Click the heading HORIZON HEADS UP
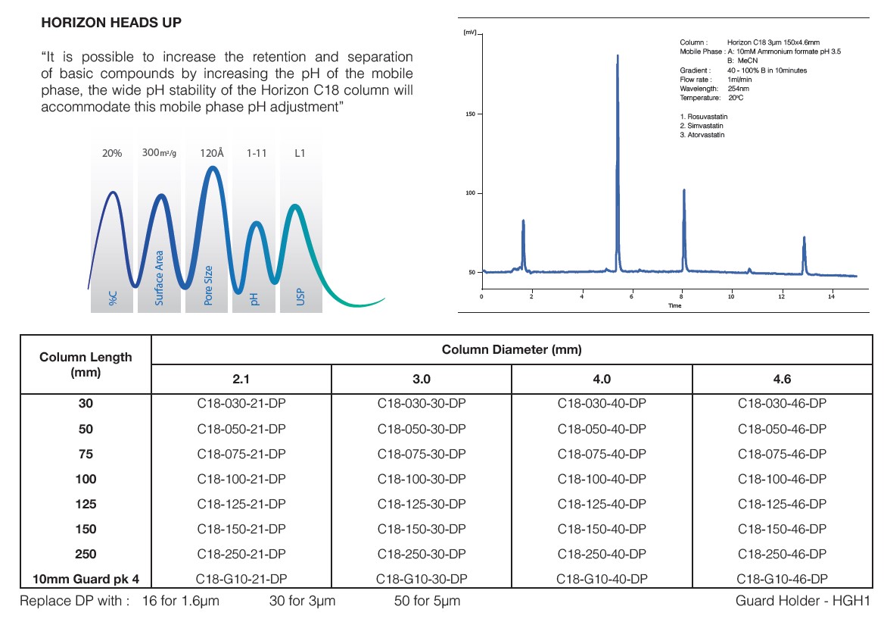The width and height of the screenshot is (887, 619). pyautogui.click(x=110, y=23)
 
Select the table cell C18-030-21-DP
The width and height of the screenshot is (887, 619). pyautogui.click(x=241, y=404)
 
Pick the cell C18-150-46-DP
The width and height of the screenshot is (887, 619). pyautogui.click(x=782, y=529)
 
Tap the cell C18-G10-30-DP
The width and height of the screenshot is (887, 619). pyautogui.click(x=422, y=580)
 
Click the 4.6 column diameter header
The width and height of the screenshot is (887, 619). pyautogui.click(x=782, y=379)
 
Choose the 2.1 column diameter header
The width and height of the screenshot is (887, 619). pyautogui.click(x=241, y=379)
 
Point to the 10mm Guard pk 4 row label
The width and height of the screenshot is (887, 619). pyautogui.click(x=86, y=580)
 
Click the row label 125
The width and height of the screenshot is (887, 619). pyautogui.click(x=86, y=504)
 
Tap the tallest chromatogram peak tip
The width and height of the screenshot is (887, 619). pyautogui.click(x=618, y=56)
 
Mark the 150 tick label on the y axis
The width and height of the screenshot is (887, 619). pyautogui.click(x=469, y=114)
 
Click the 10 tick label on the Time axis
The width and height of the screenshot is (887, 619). pyautogui.click(x=731, y=295)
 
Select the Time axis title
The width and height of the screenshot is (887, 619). pyautogui.click(x=674, y=305)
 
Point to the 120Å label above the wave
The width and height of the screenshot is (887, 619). pyautogui.click(x=211, y=153)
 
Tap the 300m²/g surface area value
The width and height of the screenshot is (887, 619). pyautogui.click(x=159, y=153)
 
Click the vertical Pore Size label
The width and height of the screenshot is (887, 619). pyautogui.click(x=209, y=285)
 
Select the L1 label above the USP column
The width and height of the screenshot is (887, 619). pyautogui.click(x=300, y=153)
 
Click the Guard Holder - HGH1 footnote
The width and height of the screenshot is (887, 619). pyautogui.click(x=803, y=602)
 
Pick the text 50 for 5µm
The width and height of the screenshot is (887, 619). pyautogui.click(x=427, y=602)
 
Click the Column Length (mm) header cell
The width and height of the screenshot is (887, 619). pyautogui.click(x=86, y=364)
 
